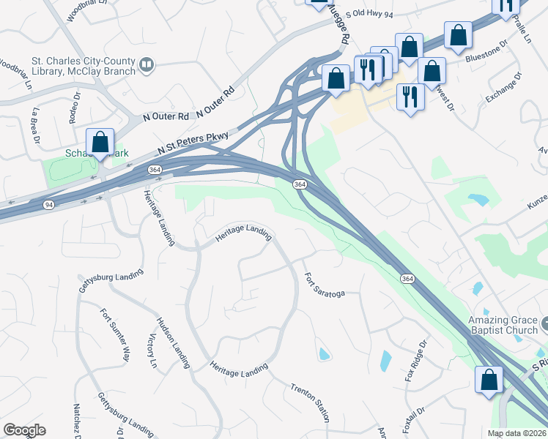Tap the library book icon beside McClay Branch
(x=147, y=66)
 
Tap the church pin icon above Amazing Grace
(x=545, y=322)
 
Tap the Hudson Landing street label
(x=173, y=342)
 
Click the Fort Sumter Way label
(x=115, y=334)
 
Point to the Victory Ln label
(x=153, y=353)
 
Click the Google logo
(x=24, y=429)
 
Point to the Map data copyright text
(x=516, y=432)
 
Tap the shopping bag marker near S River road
(x=489, y=380)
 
